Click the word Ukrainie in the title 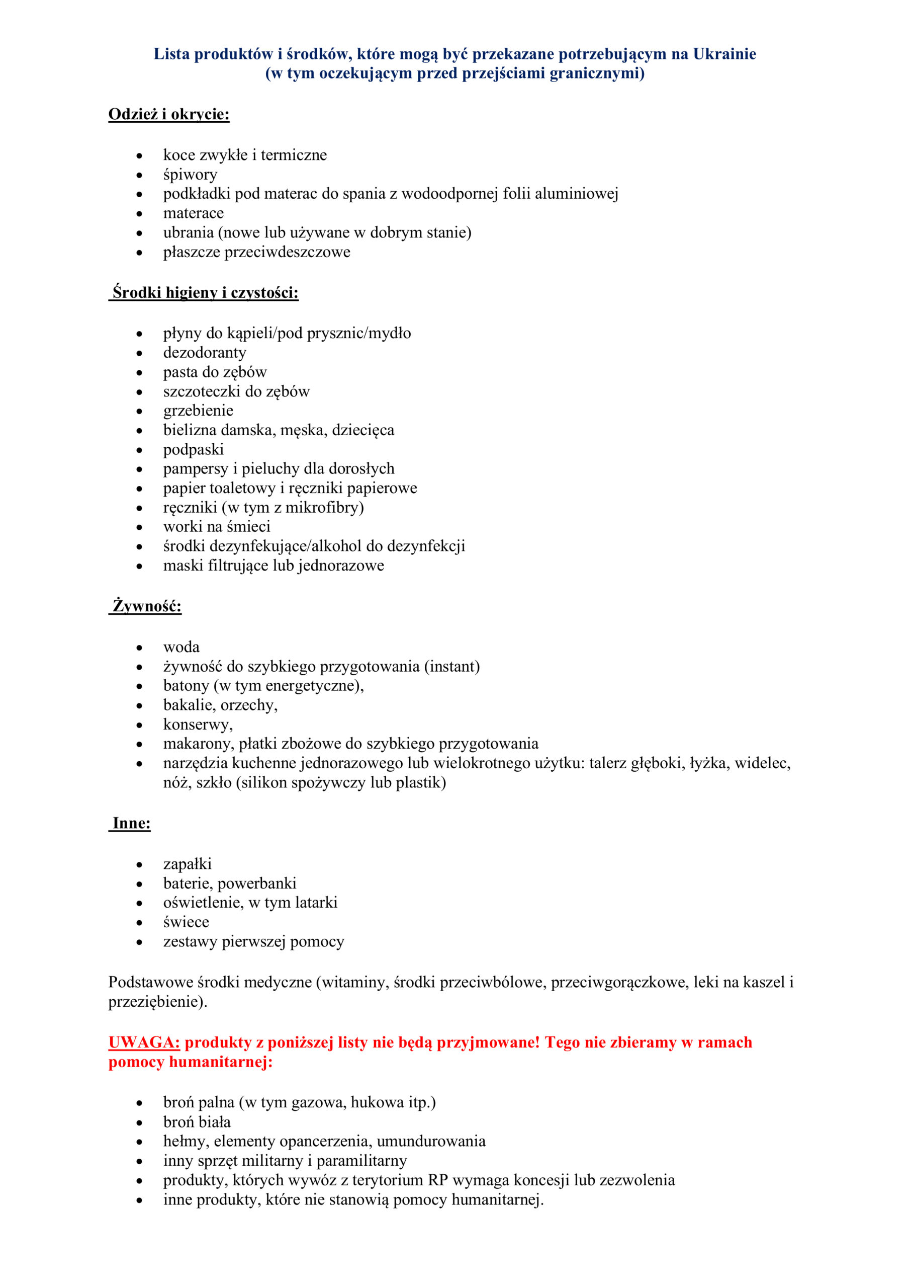tap(724, 54)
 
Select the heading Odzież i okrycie tap(169, 114)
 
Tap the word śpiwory tap(190, 175)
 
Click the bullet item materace tap(194, 213)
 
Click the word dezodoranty tap(205, 353)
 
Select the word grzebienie tap(198, 411)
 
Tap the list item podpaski tap(194, 449)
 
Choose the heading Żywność tap(147, 606)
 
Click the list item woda tap(181, 648)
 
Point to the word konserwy tap(197, 725)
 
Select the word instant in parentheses tap(452, 667)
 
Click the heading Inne tap(131, 823)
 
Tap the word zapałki tap(187, 864)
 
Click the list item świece tap(186, 922)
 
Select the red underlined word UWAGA tap(143, 1042)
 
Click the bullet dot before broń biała tap(140, 1122)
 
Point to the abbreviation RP tap(438, 1180)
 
